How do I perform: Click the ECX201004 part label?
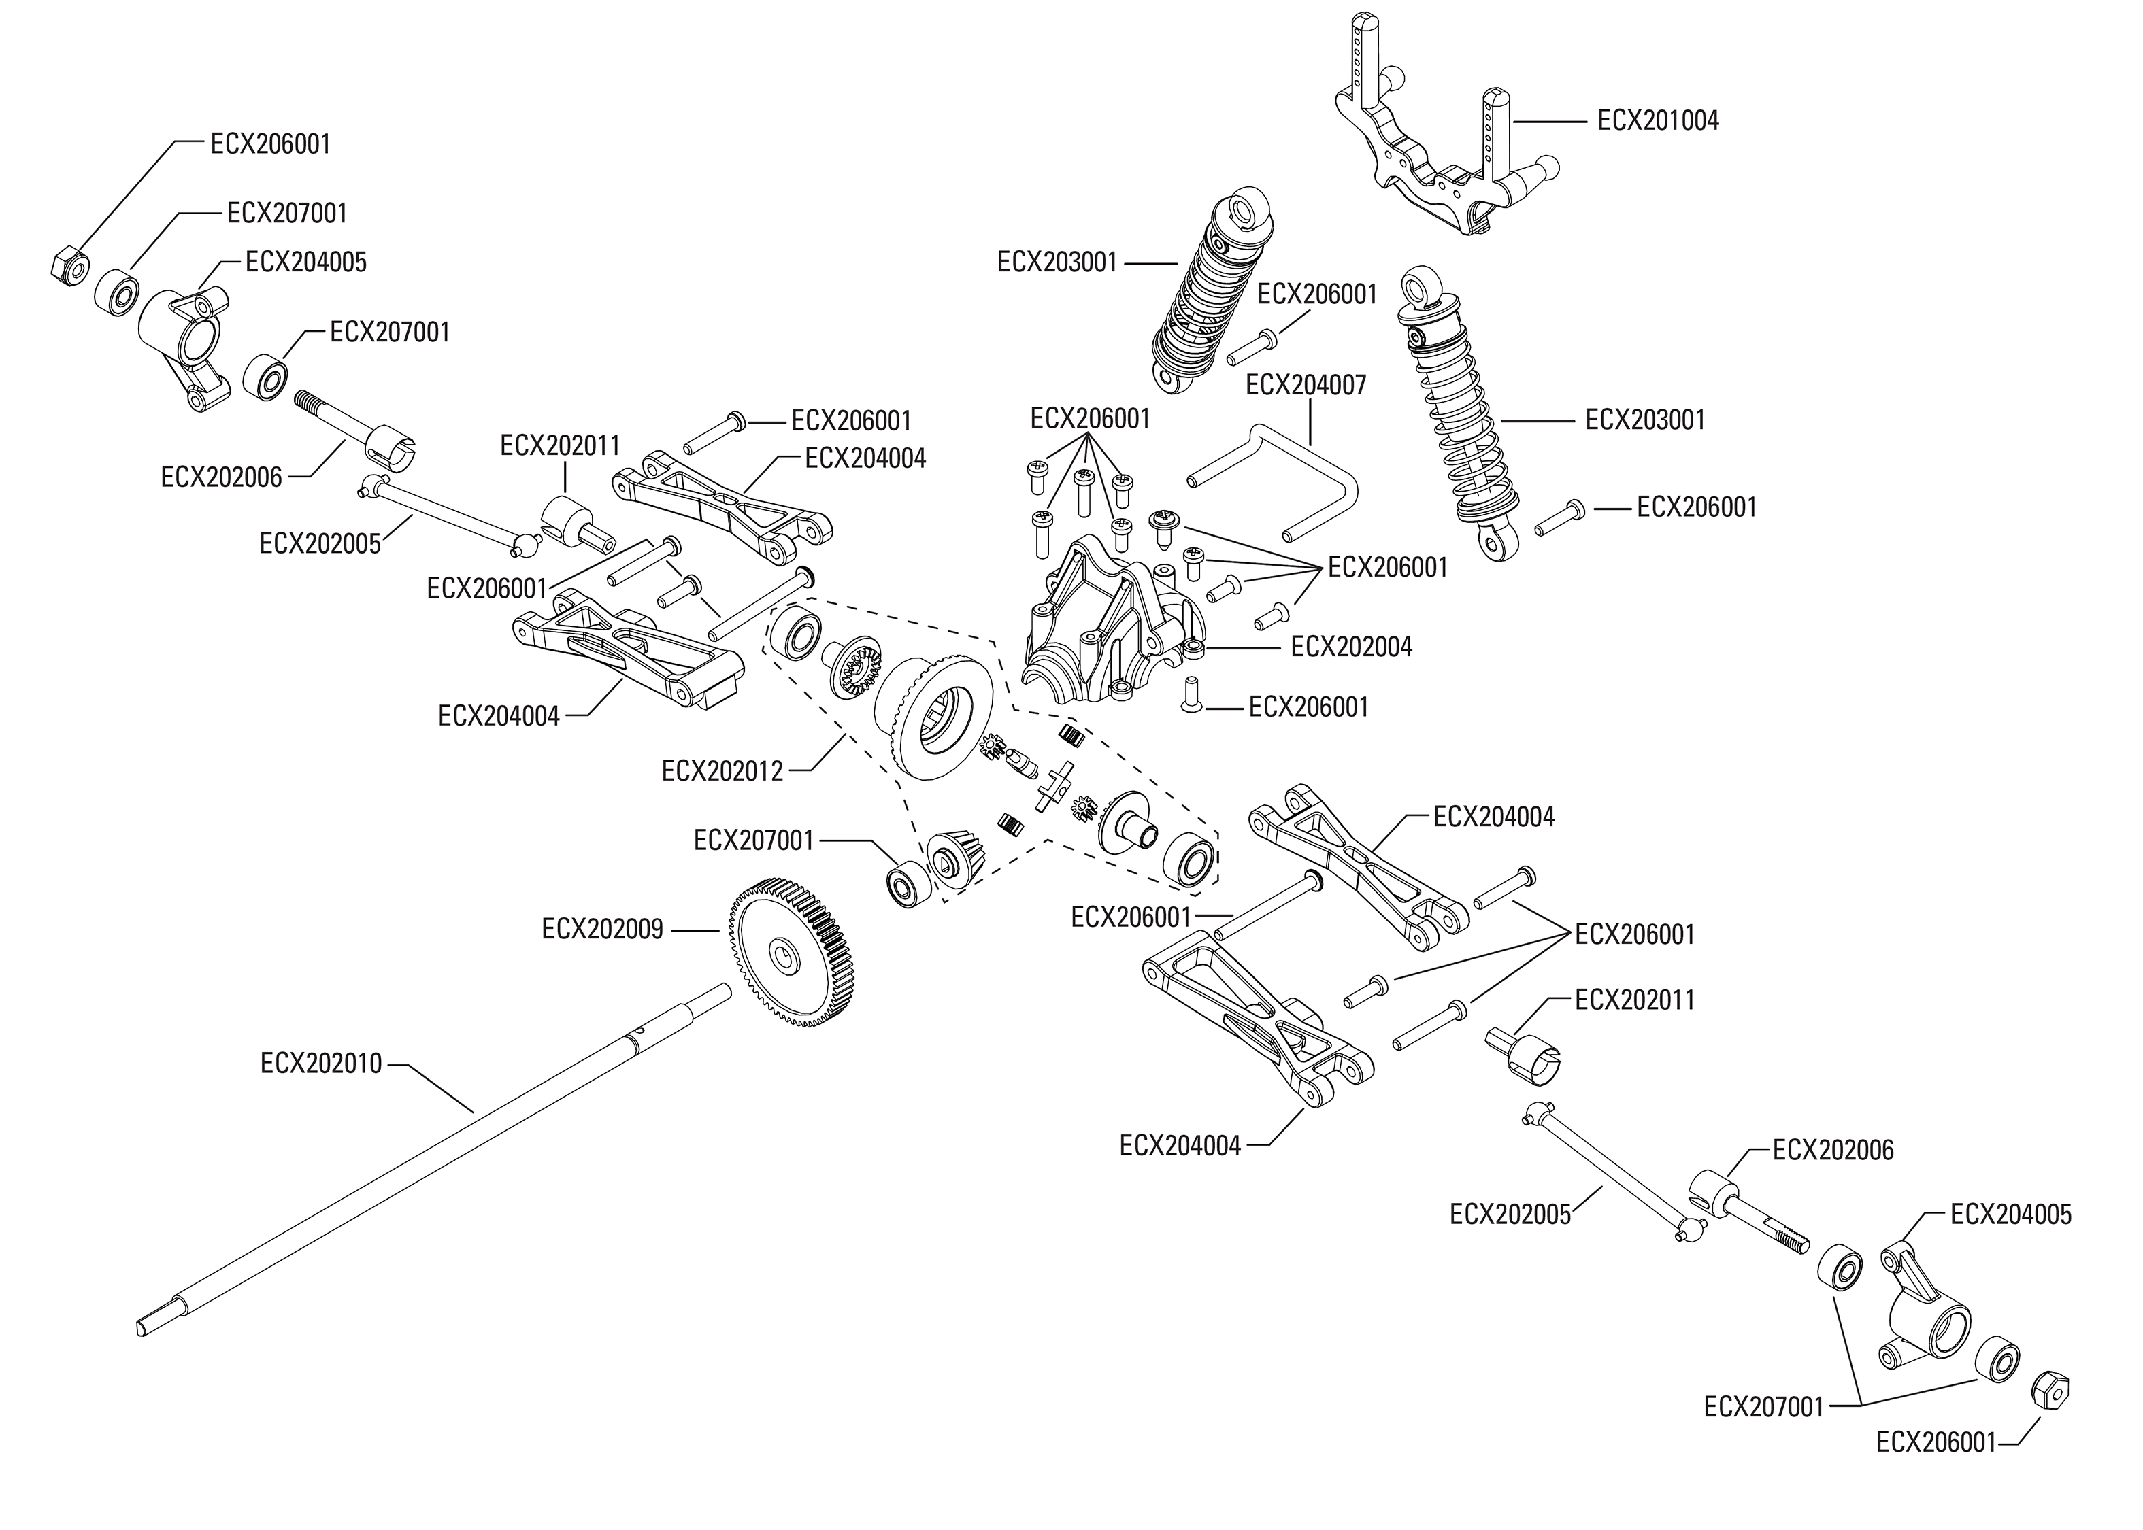(x=1658, y=120)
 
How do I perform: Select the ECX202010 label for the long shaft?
(x=321, y=1064)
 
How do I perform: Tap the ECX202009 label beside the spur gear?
(x=602, y=930)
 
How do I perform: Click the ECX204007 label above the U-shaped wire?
(x=1306, y=386)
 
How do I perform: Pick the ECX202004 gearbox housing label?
(x=1351, y=647)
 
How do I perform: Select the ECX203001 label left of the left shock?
(x=1057, y=262)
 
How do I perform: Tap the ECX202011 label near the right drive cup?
(x=1634, y=1000)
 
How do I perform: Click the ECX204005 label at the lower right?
(x=2010, y=1214)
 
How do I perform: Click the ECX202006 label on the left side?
(x=222, y=477)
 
